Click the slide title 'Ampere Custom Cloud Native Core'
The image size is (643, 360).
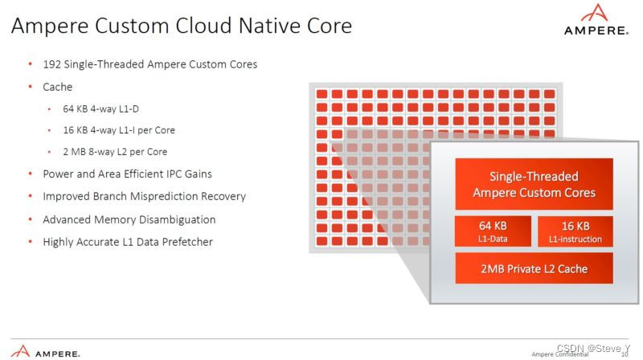click(x=182, y=26)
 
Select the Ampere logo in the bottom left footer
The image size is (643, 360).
click(x=47, y=351)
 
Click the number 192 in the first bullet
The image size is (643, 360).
click(x=53, y=64)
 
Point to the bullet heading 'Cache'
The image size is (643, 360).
click(x=57, y=87)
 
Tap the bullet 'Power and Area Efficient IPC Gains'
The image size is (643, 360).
click(x=132, y=174)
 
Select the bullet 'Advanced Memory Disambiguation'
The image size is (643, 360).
click(x=129, y=219)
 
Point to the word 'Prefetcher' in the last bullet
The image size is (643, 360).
click(x=186, y=241)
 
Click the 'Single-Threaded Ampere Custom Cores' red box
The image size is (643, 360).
click(x=534, y=184)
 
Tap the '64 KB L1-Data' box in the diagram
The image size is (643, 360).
click(x=493, y=231)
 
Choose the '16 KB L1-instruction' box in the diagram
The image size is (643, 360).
click(x=575, y=231)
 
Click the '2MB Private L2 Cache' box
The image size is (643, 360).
click(x=534, y=268)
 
